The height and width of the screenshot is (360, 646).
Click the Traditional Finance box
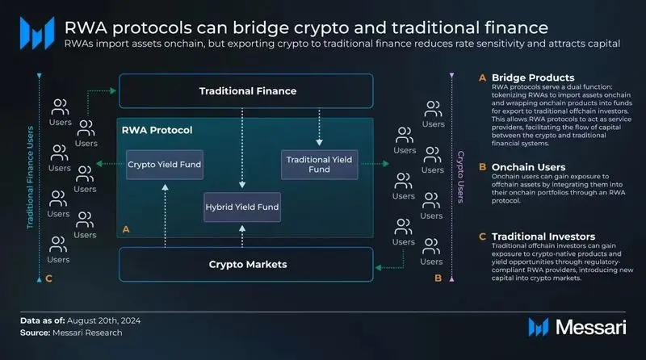[246, 91]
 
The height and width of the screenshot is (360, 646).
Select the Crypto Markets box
[246, 264]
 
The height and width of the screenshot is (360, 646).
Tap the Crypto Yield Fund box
[164, 165]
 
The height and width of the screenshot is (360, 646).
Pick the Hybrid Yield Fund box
[241, 207]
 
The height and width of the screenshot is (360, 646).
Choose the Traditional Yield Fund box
[319, 165]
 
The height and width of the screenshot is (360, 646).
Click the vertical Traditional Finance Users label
[31, 178]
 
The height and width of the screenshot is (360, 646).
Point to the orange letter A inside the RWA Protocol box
[125, 229]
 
